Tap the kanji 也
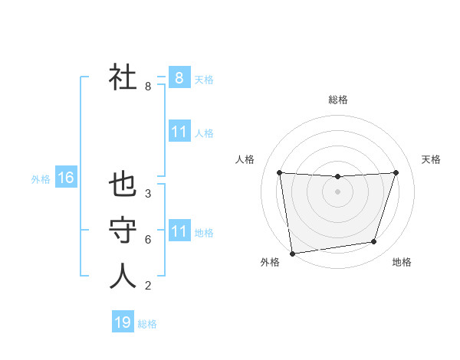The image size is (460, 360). click(x=123, y=185)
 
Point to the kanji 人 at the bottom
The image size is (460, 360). click(x=123, y=275)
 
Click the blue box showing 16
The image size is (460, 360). click(x=65, y=178)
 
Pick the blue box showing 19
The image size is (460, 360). click(x=123, y=322)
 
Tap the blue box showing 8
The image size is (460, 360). click(x=179, y=77)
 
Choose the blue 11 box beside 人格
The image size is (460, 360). click(x=179, y=132)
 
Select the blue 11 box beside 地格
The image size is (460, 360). click(x=179, y=231)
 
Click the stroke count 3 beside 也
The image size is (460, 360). click(x=148, y=194)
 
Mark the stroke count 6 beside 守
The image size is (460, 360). click(x=148, y=240)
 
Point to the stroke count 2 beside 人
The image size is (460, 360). click(x=148, y=286)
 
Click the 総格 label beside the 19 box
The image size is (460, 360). click(x=147, y=324)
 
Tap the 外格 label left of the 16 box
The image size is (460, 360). click(x=41, y=179)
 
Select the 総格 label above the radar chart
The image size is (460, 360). click(x=337, y=100)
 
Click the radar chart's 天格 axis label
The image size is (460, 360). click(x=432, y=159)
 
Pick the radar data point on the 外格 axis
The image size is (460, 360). click(x=292, y=253)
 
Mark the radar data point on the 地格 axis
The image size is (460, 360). click(x=374, y=242)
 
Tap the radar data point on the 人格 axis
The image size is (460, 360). click(x=279, y=172)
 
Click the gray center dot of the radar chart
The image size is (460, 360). click(x=337, y=191)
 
